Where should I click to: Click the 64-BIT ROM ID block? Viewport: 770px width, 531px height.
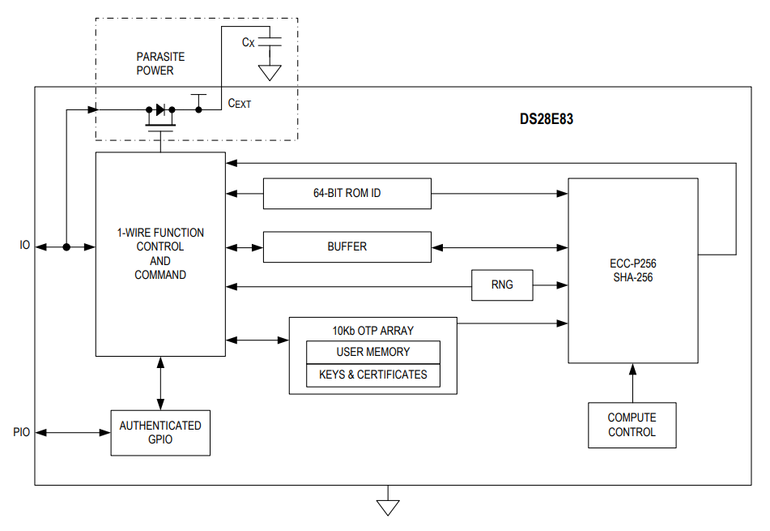347,194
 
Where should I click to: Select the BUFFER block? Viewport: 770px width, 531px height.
347,246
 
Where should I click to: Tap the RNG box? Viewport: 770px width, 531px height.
502,285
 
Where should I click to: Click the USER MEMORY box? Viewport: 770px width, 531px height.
372,352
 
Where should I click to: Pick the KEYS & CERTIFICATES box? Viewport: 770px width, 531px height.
372,375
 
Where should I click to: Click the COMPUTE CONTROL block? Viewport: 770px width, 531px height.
632,425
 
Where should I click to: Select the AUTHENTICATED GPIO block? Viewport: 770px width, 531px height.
160,432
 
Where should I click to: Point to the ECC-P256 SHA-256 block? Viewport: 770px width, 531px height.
632,271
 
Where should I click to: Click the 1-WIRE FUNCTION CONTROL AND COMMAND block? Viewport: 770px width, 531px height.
160,254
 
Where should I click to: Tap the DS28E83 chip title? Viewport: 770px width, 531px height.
547,119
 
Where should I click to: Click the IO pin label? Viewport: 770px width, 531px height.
25,246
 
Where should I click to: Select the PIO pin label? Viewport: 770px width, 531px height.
22,432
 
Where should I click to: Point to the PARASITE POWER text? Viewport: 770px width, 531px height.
160,64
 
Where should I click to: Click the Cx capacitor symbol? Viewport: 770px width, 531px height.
270,41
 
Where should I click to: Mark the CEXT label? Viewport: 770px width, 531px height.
240,103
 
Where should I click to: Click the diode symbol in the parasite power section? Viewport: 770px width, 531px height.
160,109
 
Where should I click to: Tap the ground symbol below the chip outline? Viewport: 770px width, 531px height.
388,506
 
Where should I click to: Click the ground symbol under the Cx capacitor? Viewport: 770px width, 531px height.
270,73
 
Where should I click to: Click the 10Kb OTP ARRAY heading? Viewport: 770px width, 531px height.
372,331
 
